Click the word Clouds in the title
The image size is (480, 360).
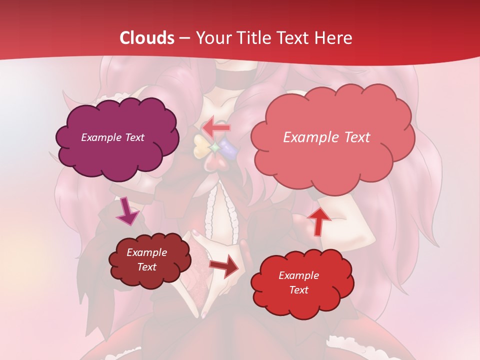pos(147,38)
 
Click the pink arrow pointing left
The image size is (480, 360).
pos(216,127)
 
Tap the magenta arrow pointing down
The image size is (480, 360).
pos(127,211)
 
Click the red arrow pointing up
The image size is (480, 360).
pos(319,220)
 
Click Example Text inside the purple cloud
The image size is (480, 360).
pos(112,137)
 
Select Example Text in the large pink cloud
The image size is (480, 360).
pos(326,137)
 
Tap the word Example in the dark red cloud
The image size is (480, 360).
pos(146,252)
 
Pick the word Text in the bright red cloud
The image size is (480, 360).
pos(298,290)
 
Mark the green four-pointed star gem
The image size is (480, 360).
pos(214,147)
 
